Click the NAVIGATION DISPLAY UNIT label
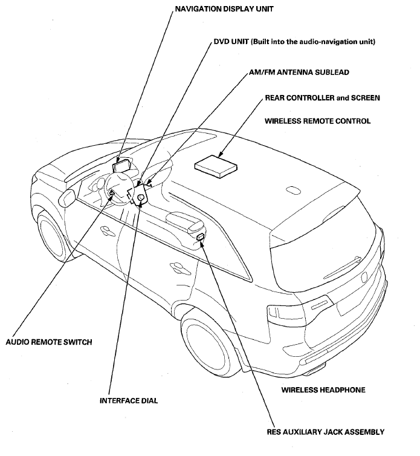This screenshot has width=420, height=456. click(x=224, y=9)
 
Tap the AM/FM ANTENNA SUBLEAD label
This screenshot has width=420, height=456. click(x=299, y=72)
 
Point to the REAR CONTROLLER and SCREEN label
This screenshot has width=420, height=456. click(x=322, y=98)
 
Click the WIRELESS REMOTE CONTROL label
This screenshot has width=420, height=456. click(x=317, y=121)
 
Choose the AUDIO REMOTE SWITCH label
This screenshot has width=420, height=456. click(x=49, y=342)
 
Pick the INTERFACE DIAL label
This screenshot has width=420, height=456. click(x=129, y=401)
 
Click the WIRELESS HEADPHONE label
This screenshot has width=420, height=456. click(x=323, y=389)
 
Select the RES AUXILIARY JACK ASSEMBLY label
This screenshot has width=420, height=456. click(x=326, y=432)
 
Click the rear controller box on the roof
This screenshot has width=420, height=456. click(x=216, y=166)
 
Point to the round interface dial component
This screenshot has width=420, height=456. click(x=141, y=197)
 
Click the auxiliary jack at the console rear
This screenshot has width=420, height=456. click(x=200, y=236)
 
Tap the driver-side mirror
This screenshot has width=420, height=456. click(x=67, y=198)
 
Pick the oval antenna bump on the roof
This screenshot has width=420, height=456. click(x=293, y=191)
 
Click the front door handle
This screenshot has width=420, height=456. click(x=108, y=230)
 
